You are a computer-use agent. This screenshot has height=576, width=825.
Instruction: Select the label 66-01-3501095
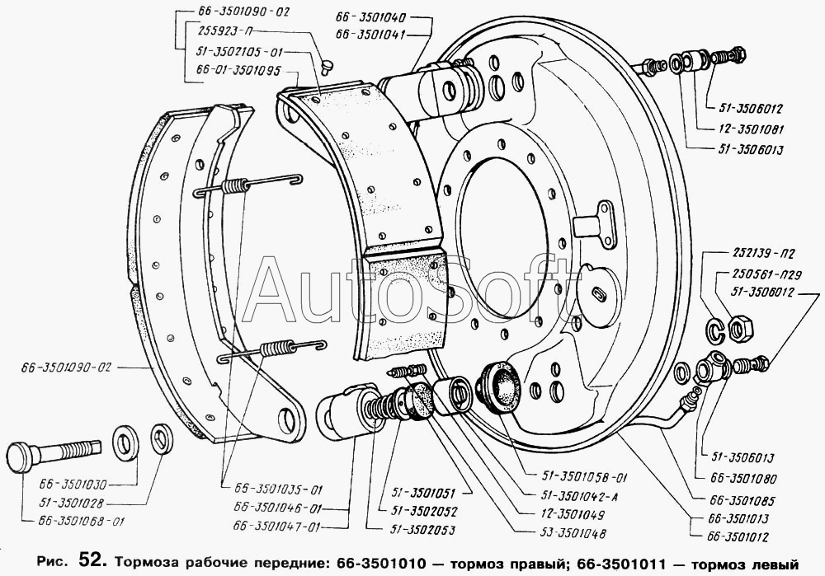pos(238,70)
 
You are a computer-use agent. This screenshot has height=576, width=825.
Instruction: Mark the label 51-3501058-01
pos(585,478)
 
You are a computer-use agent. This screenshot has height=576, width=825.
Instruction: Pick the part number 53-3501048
pos(573,534)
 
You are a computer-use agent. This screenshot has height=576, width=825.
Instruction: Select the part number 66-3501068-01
pos(82,522)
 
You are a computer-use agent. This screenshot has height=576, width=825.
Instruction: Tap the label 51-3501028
pos(72,503)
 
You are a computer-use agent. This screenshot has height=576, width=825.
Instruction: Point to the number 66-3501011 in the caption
pos(621,564)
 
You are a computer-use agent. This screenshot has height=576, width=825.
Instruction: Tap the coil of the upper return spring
pos(234,186)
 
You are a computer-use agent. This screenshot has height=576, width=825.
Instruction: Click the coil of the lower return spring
pos(276,349)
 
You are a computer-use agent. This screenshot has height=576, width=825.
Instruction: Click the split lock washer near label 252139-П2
pos(717,329)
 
